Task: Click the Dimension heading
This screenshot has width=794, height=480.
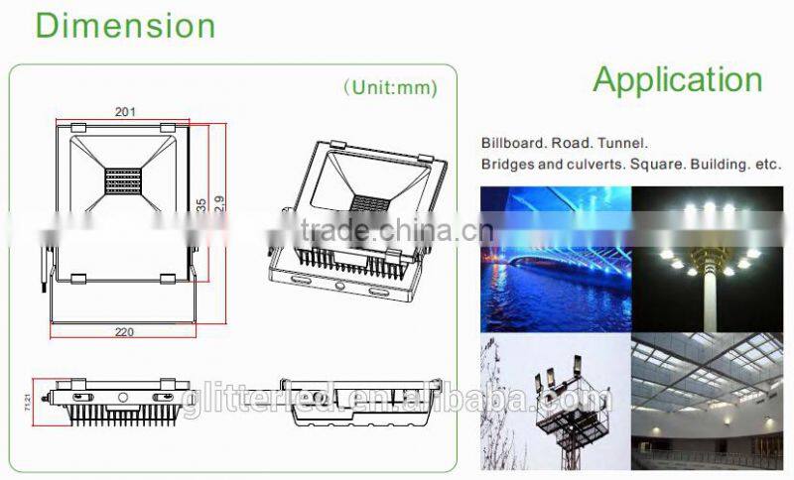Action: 125,24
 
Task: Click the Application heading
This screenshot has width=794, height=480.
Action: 677,79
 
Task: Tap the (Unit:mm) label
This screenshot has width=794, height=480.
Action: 390,87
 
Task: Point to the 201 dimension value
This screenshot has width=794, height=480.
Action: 125,112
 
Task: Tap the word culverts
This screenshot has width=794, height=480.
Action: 599,164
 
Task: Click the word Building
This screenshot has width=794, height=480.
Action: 728,164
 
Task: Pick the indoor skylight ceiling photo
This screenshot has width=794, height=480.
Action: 708,405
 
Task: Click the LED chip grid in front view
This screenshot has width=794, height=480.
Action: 122,182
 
